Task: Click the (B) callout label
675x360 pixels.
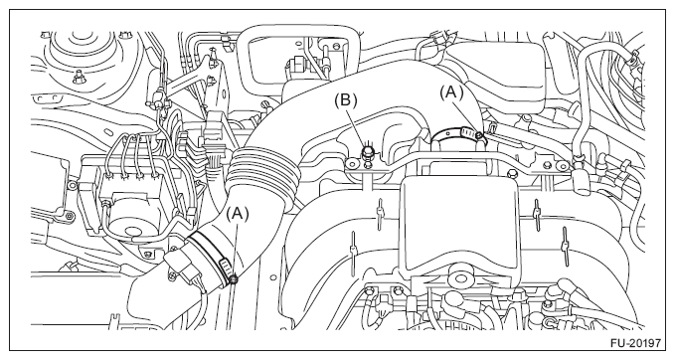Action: (x=346, y=99)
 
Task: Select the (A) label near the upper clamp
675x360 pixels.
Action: (x=451, y=91)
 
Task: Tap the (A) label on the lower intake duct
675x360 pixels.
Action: (x=238, y=213)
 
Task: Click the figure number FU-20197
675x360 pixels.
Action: (x=635, y=343)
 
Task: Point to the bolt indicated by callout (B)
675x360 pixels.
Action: (x=368, y=151)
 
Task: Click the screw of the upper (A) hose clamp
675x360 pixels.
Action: (x=479, y=136)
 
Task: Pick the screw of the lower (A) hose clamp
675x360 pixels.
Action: (x=234, y=280)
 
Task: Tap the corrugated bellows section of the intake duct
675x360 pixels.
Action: (x=262, y=174)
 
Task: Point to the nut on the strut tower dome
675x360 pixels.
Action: (x=78, y=78)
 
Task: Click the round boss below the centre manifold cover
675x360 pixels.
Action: (x=459, y=274)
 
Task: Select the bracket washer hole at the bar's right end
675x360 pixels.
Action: (x=563, y=165)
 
